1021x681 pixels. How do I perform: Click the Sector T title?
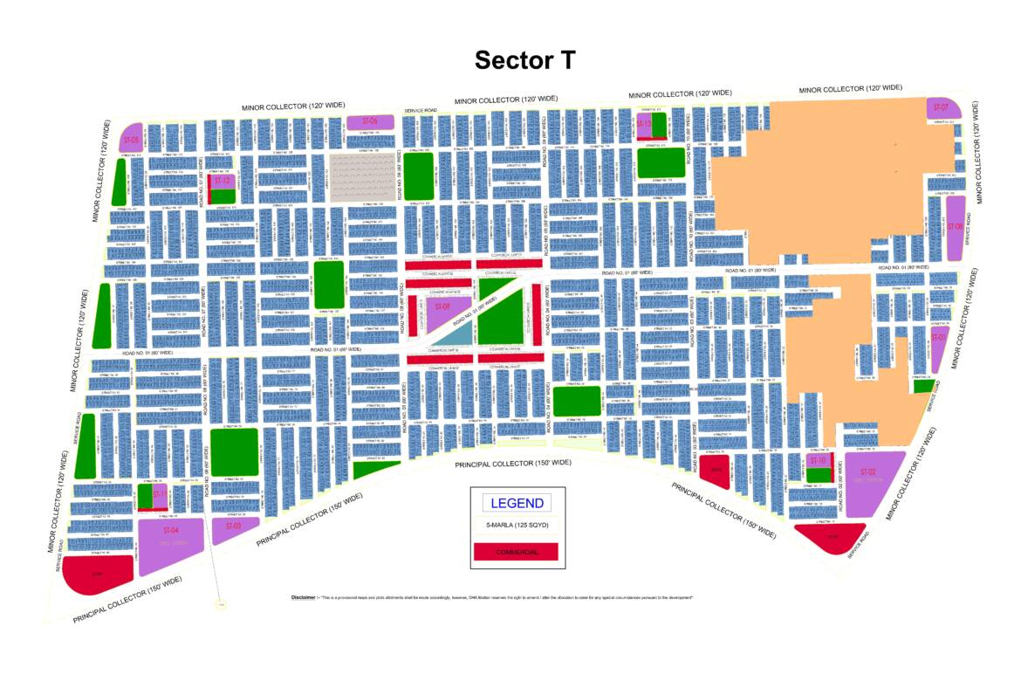click(525, 59)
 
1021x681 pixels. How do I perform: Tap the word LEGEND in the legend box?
click(517, 503)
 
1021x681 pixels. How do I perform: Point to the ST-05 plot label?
click(131, 140)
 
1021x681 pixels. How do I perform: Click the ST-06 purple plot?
click(369, 121)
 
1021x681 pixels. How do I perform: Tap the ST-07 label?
click(941, 107)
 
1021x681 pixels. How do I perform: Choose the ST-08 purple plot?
click(955, 226)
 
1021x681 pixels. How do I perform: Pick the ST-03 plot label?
click(233, 526)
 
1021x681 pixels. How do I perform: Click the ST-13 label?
click(644, 124)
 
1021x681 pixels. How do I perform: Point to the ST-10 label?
click(818, 460)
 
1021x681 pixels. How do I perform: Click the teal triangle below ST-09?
click(452, 334)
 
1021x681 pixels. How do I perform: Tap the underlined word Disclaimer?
click(303, 597)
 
